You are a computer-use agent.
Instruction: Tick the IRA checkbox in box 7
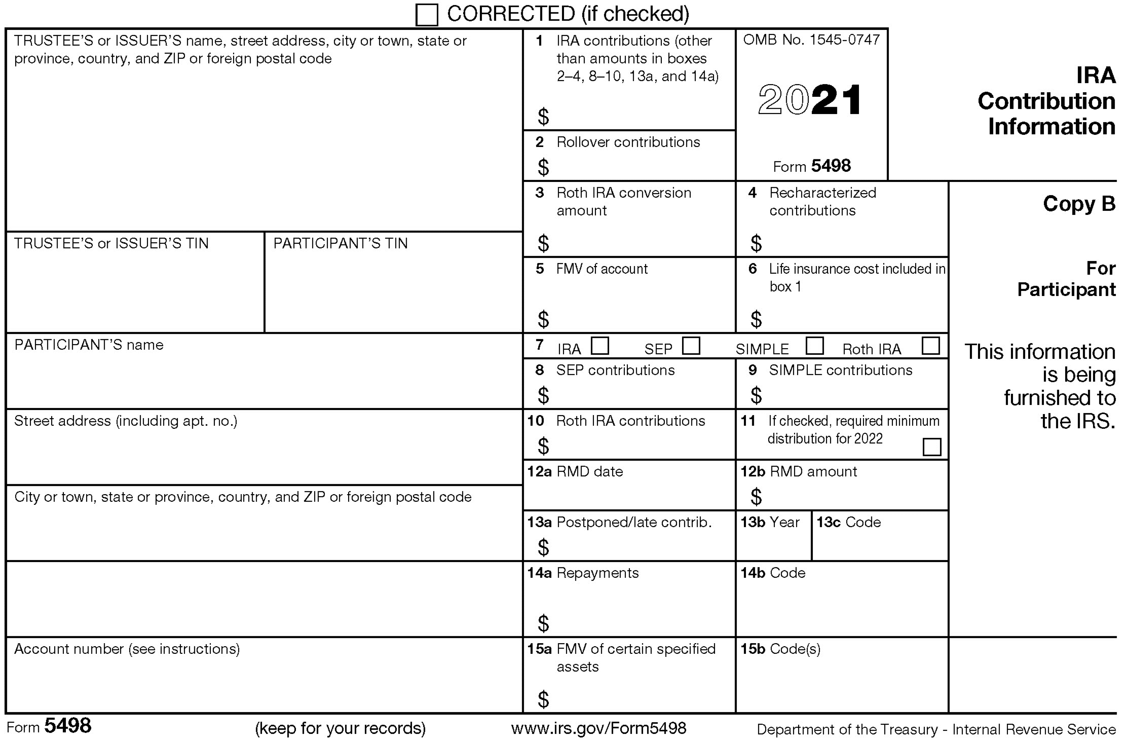coord(600,346)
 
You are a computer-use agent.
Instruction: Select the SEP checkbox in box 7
coord(691,346)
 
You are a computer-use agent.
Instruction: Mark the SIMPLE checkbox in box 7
coord(815,346)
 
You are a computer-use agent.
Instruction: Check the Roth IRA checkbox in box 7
coord(931,346)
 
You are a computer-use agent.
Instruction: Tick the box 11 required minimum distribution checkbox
coord(931,447)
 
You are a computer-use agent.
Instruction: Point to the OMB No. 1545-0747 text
coord(811,40)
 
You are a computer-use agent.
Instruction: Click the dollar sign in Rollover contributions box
coord(543,167)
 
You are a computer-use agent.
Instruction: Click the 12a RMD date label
coord(575,472)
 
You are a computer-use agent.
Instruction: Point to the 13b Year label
coord(770,523)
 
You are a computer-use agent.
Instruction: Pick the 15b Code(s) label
coord(780,649)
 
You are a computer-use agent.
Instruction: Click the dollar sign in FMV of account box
coord(543,319)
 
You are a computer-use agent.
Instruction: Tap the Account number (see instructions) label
coord(127,649)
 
